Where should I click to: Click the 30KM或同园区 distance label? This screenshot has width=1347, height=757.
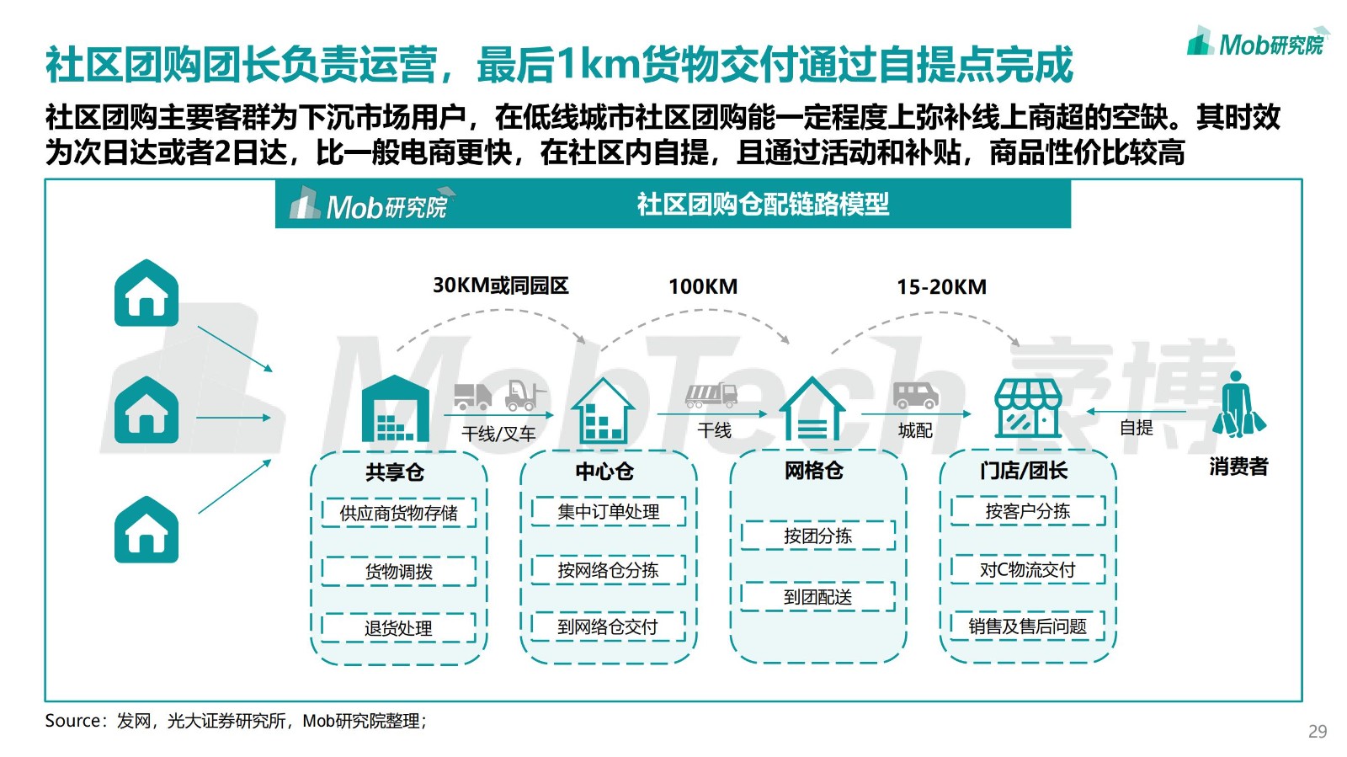click(x=500, y=285)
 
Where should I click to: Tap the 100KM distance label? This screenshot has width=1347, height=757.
click(x=703, y=287)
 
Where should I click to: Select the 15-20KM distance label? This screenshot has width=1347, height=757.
click(x=942, y=287)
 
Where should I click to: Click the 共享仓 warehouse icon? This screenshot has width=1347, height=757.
click(x=395, y=408)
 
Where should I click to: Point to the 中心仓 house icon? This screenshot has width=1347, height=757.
click(x=603, y=411)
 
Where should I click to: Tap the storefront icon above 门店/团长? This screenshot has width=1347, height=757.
click(x=1028, y=409)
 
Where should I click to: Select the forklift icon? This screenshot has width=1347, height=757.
click(x=525, y=394)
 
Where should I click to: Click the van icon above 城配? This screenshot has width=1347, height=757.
click(x=915, y=395)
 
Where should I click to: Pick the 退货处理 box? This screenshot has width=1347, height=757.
click(x=399, y=627)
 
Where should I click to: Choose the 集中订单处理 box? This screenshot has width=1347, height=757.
click(x=609, y=512)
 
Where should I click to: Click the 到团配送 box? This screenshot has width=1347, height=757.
click(x=817, y=596)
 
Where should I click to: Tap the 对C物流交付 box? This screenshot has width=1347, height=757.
click(x=1028, y=568)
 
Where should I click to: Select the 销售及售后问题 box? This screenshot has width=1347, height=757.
click(x=1028, y=626)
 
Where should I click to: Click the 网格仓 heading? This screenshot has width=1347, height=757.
click(x=813, y=470)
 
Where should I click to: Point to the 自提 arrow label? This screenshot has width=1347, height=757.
click(x=1136, y=428)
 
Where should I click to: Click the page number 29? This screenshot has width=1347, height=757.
click(x=1318, y=731)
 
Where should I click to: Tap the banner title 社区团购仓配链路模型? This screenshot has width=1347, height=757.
click(x=763, y=205)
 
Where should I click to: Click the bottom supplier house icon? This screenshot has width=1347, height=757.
click(x=146, y=530)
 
